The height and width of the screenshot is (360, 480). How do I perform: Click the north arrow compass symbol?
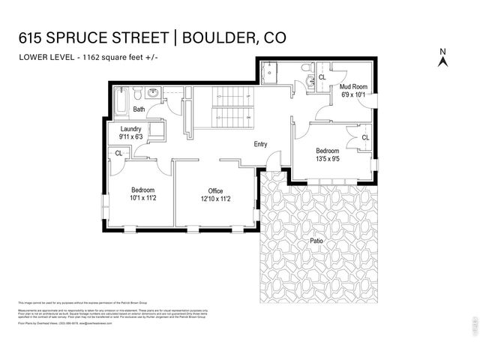[442, 58]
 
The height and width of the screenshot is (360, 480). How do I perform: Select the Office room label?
[216, 190]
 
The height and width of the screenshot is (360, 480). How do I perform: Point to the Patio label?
[317, 241]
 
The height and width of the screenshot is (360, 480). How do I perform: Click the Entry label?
[261, 144]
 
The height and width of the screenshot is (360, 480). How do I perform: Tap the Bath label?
[139, 109]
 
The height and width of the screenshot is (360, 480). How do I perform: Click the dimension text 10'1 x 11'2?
[142, 199]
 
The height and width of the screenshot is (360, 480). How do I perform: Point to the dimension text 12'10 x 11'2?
[216, 199]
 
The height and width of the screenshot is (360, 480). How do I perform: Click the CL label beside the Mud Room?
[322, 77]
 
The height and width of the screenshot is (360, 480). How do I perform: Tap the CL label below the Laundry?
[118, 153]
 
